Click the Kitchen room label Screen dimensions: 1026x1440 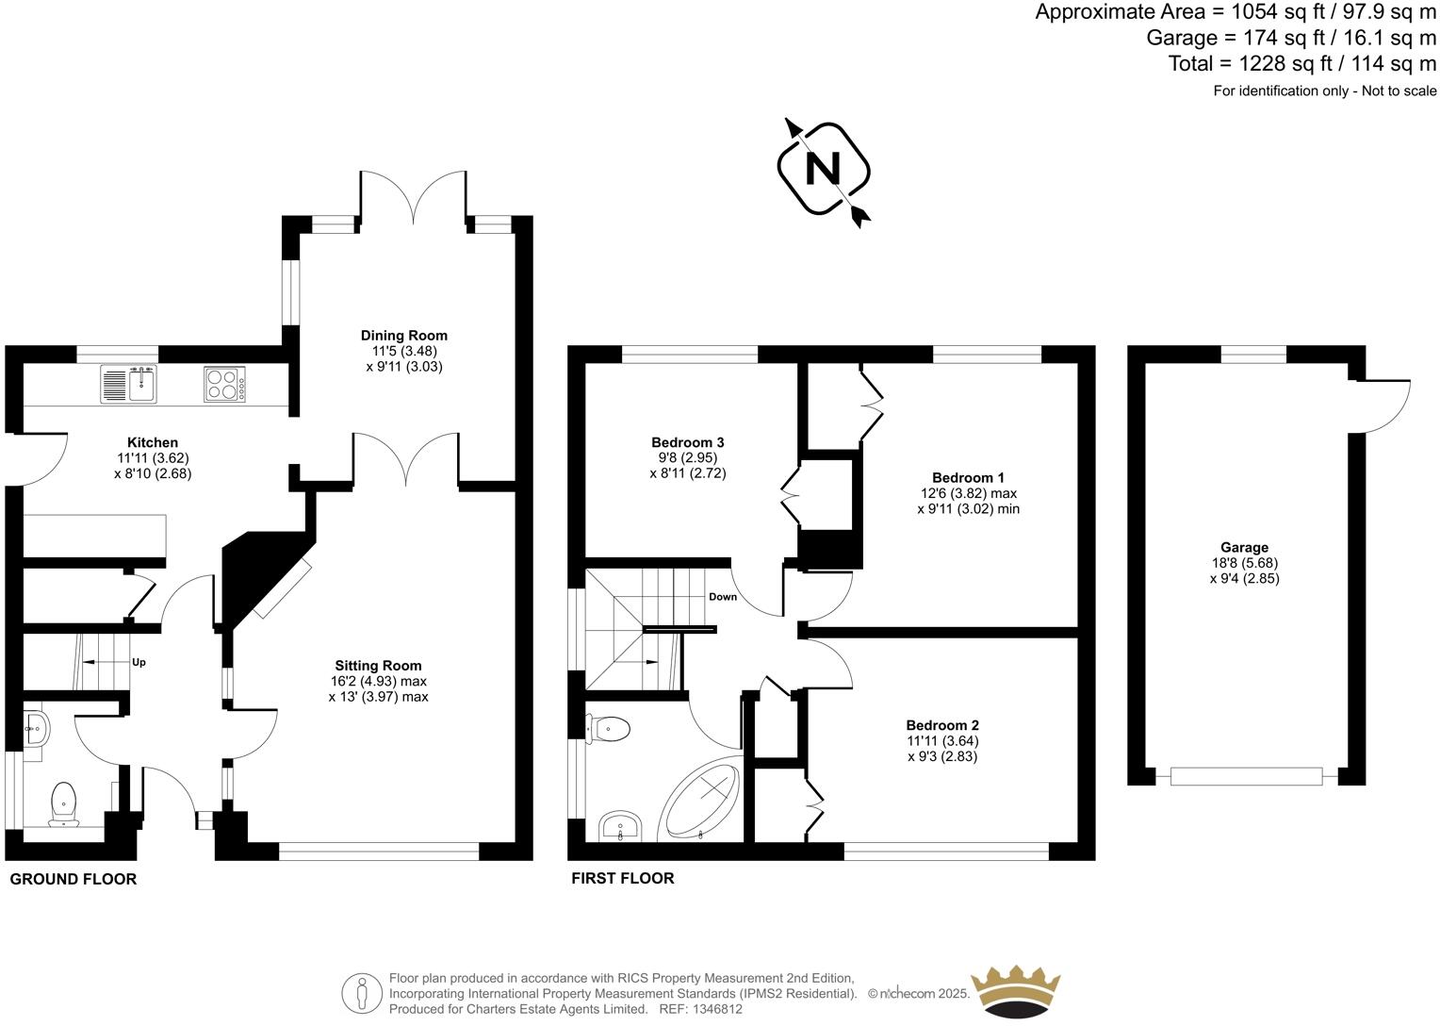(153, 442)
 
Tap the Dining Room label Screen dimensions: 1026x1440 (403, 335)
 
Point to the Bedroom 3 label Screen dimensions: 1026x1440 (687, 442)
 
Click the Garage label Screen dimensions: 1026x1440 (1244, 547)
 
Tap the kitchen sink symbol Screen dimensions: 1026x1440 (129, 384)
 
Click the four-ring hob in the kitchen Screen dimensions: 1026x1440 (224, 384)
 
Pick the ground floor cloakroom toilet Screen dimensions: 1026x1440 (64, 802)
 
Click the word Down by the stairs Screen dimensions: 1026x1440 (723, 597)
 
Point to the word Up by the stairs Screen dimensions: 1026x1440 (139, 662)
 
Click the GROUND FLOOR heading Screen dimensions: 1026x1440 (73, 879)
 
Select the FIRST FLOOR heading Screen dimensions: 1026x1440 (623, 878)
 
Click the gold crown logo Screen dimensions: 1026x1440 (1017, 993)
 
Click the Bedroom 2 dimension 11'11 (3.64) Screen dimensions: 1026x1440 (942, 740)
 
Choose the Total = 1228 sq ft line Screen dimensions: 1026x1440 (1301, 64)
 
